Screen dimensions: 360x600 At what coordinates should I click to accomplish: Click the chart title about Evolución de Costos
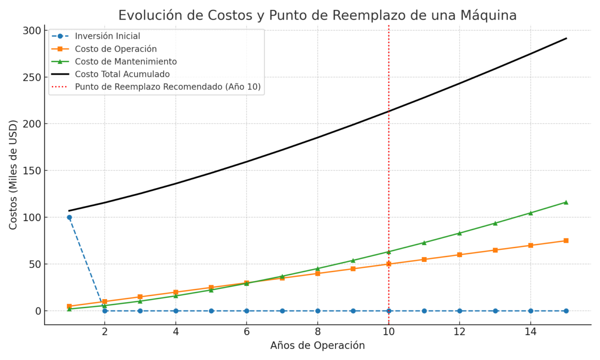pyautogui.click(x=317, y=15)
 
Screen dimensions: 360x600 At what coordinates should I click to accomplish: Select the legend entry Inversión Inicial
pyautogui.click(x=107, y=36)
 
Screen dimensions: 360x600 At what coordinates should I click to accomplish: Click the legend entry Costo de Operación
pyautogui.click(x=116, y=49)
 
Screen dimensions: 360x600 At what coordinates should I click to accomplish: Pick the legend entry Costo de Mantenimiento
pyautogui.click(x=126, y=61)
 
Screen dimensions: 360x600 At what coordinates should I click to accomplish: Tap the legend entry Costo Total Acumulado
pyautogui.click(x=122, y=74)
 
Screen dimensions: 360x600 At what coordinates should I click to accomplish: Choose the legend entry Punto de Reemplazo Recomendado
pyautogui.click(x=168, y=86)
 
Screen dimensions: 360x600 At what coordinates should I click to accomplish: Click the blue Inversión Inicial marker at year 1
pyautogui.click(x=69, y=217)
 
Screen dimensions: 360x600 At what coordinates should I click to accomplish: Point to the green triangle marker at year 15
pyautogui.click(x=566, y=202)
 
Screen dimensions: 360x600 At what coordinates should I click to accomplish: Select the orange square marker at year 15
pyautogui.click(x=566, y=240)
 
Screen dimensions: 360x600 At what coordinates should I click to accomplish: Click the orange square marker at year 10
pyautogui.click(x=388, y=264)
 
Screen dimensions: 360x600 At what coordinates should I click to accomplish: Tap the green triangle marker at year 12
pyautogui.click(x=459, y=233)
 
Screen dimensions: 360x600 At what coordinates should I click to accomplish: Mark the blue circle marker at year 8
pyautogui.click(x=317, y=311)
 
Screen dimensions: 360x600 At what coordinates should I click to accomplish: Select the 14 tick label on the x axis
pyautogui.click(x=530, y=331)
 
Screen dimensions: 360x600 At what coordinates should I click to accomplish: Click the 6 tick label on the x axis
pyautogui.click(x=246, y=331)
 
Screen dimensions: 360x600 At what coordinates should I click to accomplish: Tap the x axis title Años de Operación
pyautogui.click(x=317, y=345)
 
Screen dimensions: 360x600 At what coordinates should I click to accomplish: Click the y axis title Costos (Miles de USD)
pyautogui.click(x=13, y=174)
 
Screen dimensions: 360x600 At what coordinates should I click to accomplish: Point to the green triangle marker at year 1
pyautogui.click(x=69, y=309)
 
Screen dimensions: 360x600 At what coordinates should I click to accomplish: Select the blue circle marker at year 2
pyautogui.click(x=104, y=311)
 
